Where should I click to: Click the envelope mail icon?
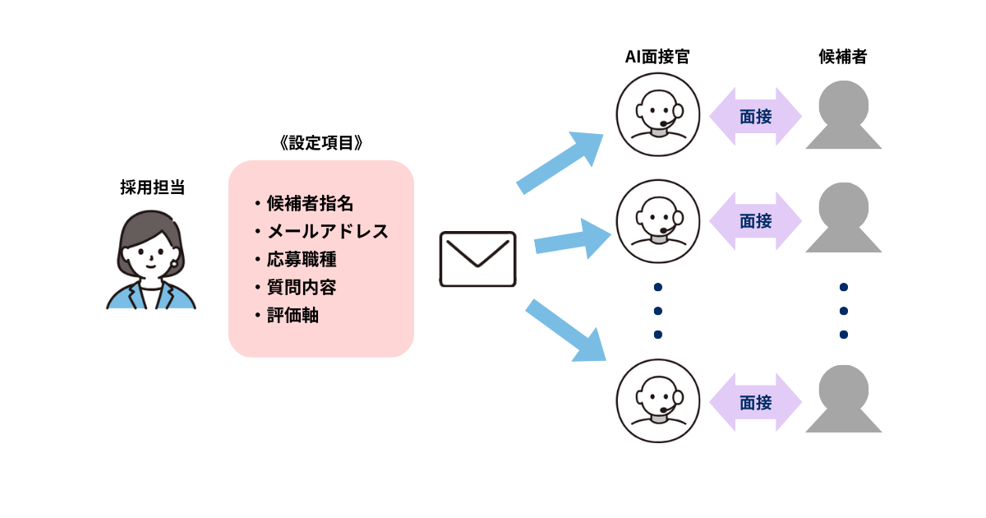tap(477, 259)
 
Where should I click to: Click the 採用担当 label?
tap(152, 187)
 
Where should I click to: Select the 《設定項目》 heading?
tap(320, 142)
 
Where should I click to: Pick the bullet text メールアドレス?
tap(327, 231)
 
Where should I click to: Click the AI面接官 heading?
tap(657, 57)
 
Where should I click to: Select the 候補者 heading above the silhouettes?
tap(843, 57)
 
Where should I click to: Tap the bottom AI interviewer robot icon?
tap(657, 401)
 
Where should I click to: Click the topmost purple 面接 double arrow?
tap(755, 117)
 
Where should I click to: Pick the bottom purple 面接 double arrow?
tap(755, 403)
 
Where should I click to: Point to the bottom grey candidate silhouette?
tap(844, 401)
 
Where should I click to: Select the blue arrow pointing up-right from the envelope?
tap(560, 163)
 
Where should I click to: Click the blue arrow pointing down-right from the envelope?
tap(565, 331)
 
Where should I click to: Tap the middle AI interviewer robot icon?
tap(657, 221)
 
